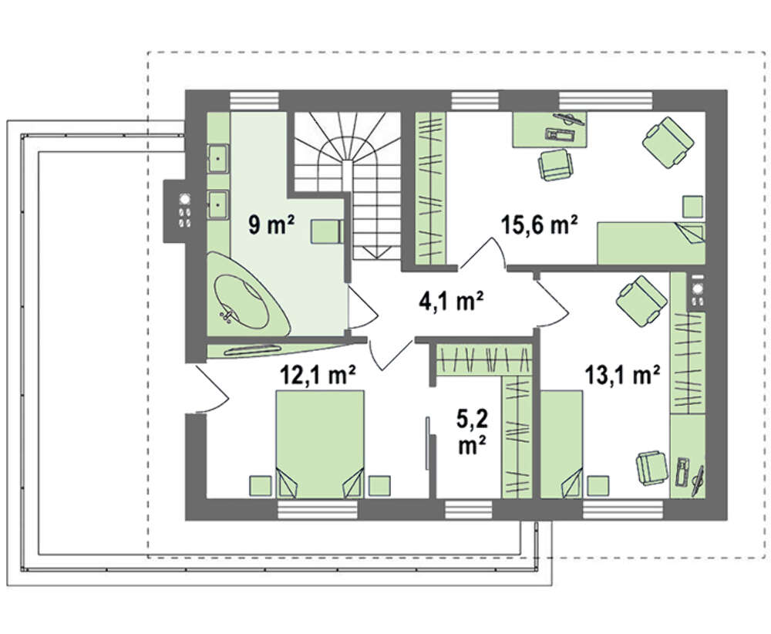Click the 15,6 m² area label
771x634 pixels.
540,226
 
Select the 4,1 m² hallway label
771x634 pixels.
451,301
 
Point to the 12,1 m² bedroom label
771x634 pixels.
318,376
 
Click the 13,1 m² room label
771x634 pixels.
622,376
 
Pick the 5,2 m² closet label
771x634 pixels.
472,431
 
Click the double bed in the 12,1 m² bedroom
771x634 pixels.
320,443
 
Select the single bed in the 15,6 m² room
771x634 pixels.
651,243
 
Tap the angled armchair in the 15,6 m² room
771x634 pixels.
668,142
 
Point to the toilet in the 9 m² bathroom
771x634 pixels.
326,231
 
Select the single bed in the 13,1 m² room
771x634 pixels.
561,443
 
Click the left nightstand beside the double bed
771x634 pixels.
261,485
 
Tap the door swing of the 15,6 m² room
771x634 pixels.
482,253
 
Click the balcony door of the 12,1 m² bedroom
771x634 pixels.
209,389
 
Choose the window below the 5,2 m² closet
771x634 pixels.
469,510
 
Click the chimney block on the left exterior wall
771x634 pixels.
174,211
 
